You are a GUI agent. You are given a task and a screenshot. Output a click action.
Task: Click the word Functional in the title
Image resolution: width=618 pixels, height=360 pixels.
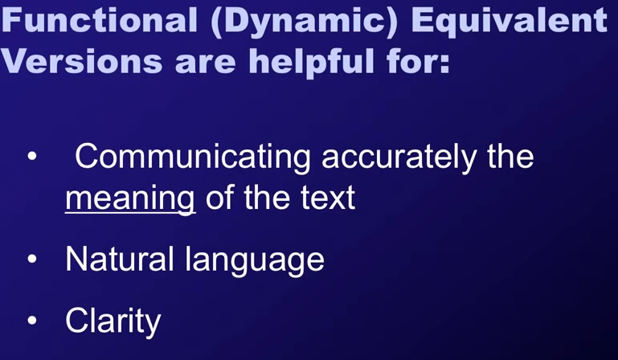[99, 20]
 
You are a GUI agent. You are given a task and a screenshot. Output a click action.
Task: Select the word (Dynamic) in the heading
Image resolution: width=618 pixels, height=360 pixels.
[304, 22]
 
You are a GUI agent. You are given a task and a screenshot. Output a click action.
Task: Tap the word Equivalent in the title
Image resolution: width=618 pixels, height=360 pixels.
[510, 22]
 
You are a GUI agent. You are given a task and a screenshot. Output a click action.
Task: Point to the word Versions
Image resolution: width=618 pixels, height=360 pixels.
[82, 61]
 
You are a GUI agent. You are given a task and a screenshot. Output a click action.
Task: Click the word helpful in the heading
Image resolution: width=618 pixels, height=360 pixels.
[311, 62]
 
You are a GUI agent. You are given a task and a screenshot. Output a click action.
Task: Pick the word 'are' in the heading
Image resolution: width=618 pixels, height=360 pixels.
[206, 64]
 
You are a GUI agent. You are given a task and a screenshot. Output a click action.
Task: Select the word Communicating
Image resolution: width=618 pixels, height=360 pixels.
[193, 157]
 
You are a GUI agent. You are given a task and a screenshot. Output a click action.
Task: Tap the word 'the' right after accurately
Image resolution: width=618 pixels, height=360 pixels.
[510, 156]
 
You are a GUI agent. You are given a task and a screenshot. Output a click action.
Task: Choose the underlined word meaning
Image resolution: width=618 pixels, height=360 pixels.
[130, 199]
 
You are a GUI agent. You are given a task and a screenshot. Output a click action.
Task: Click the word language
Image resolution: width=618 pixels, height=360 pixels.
[255, 260]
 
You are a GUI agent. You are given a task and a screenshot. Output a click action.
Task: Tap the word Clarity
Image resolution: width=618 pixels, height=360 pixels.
[113, 321]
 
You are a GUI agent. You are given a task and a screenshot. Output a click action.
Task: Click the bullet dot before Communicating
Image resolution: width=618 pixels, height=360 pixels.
[32, 157]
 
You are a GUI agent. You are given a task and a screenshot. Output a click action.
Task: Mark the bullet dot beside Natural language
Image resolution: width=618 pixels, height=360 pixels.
[32, 259]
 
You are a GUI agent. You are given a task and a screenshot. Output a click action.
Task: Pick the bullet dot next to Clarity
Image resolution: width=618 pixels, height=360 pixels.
[32, 320]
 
